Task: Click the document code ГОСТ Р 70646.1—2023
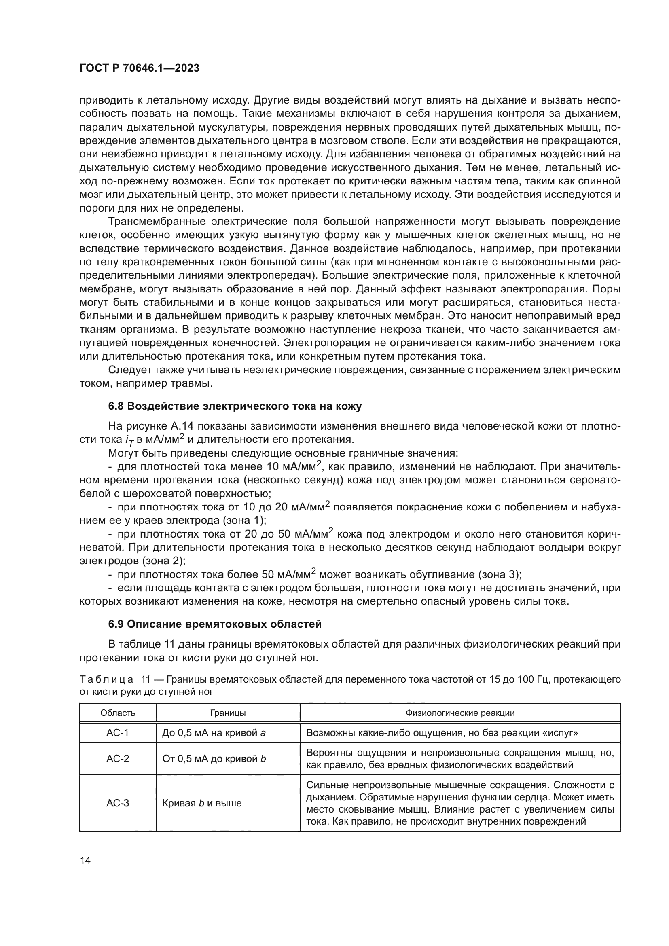(x=139, y=68)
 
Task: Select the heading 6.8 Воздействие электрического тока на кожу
(x=235, y=406)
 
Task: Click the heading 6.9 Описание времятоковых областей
(x=215, y=624)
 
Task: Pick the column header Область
(x=118, y=713)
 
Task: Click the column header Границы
(x=228, y=713)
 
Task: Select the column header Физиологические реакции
(x=460, y=713)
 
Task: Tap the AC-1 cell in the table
(x=118, y=733)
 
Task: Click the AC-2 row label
(x=118, y=758)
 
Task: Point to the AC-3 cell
(x=118, y=803)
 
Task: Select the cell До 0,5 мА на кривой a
(x=214, y=733)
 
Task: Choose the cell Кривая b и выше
(x=202, y=803)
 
